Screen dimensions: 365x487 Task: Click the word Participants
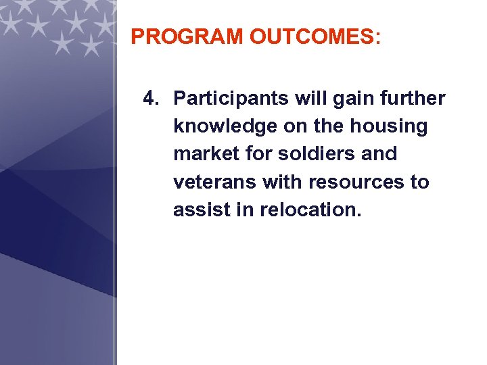(x=231, y=99)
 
